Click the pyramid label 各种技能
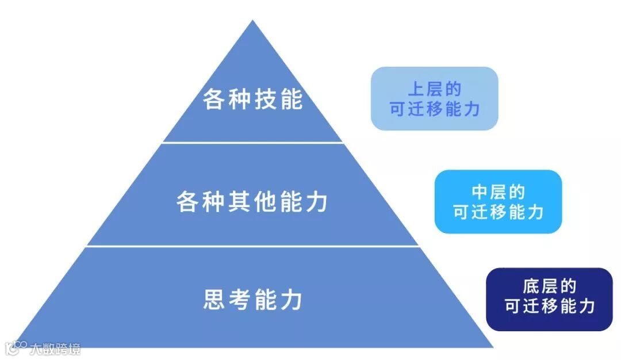[x=252, y=99]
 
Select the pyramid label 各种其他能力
[x=252, y=202]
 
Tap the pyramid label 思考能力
[x=252, y=300]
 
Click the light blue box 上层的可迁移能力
[x=434, y=98]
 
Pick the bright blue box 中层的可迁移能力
[x=498, y=202]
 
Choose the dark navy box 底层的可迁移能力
[x=549, y=299]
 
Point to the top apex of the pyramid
[x=252, y=22]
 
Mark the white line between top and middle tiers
[x=252, y=142]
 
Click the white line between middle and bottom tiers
[x=252, y=246]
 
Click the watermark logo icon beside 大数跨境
[x=16, y=347]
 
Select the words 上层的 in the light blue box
[x=435, y=89]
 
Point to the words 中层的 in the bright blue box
[x=498, y=192]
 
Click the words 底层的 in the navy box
[x=550, y=287]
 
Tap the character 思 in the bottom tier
[x=213, y=300]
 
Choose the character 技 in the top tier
[x=266, y=99]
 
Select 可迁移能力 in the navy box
[x=550, y=306]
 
